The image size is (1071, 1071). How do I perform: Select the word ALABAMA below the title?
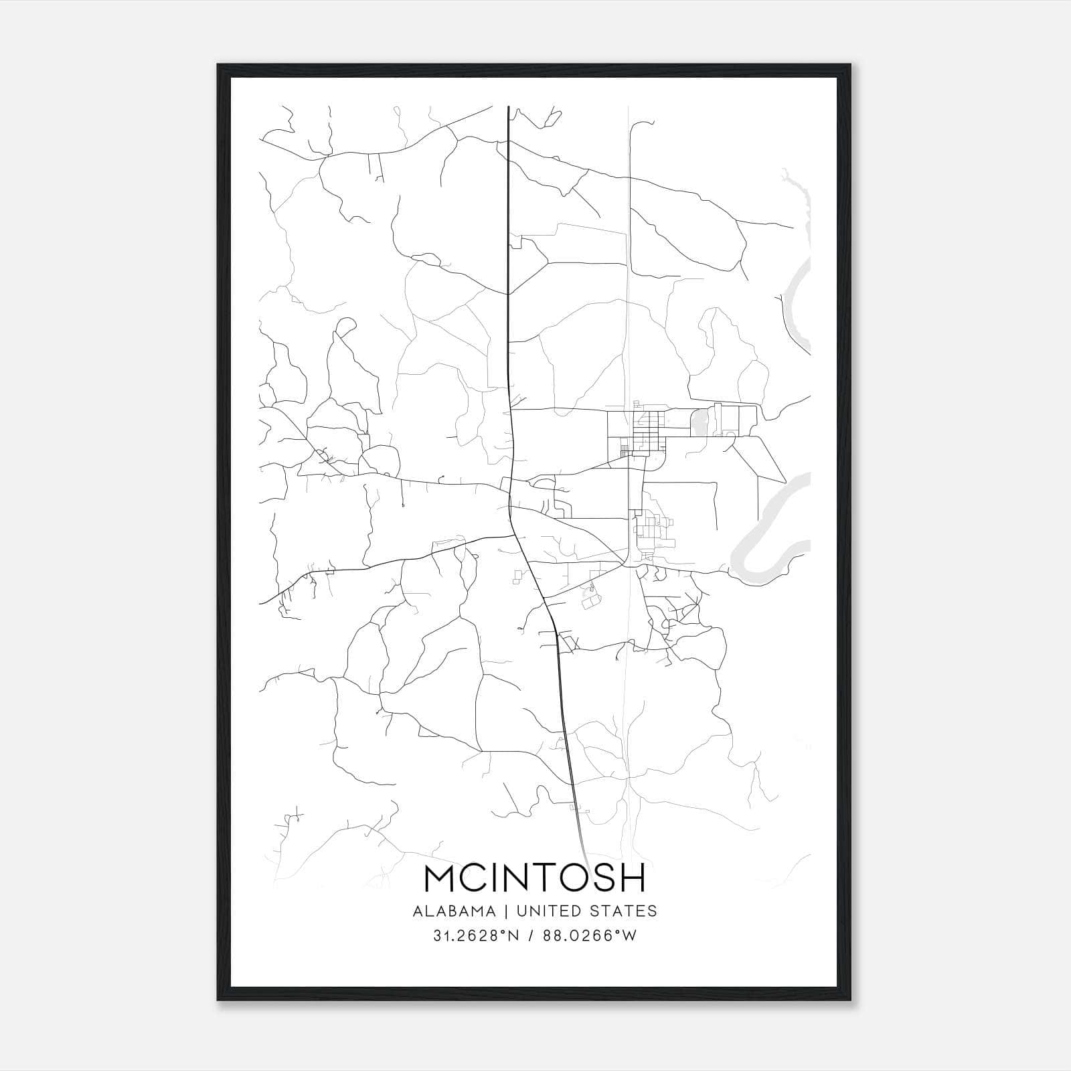point(455,910)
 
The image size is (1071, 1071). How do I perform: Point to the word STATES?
point(623,910)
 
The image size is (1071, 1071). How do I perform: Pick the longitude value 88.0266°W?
point(588,936)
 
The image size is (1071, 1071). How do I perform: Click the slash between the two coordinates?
point(531,936)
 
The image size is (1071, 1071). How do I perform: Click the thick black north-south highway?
point(509,268)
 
